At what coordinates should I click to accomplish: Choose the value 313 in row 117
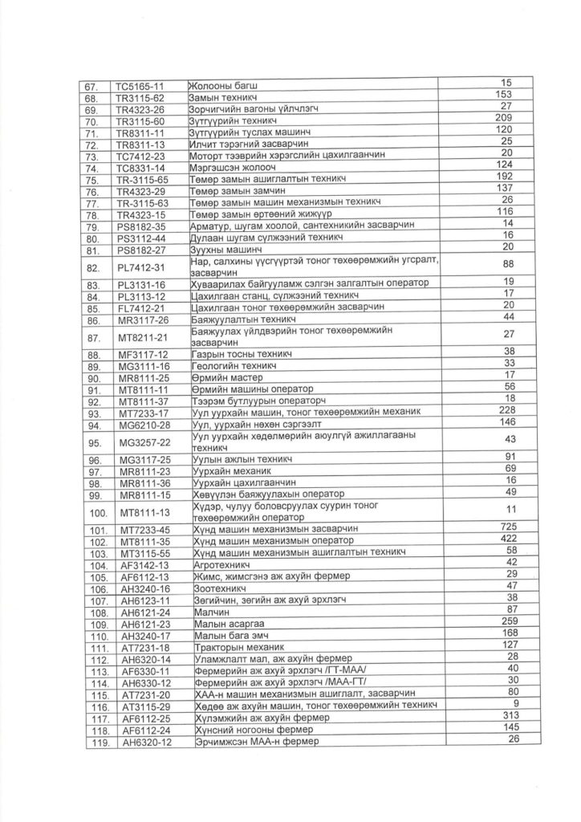pyautogui.click(x=506, y=714)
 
